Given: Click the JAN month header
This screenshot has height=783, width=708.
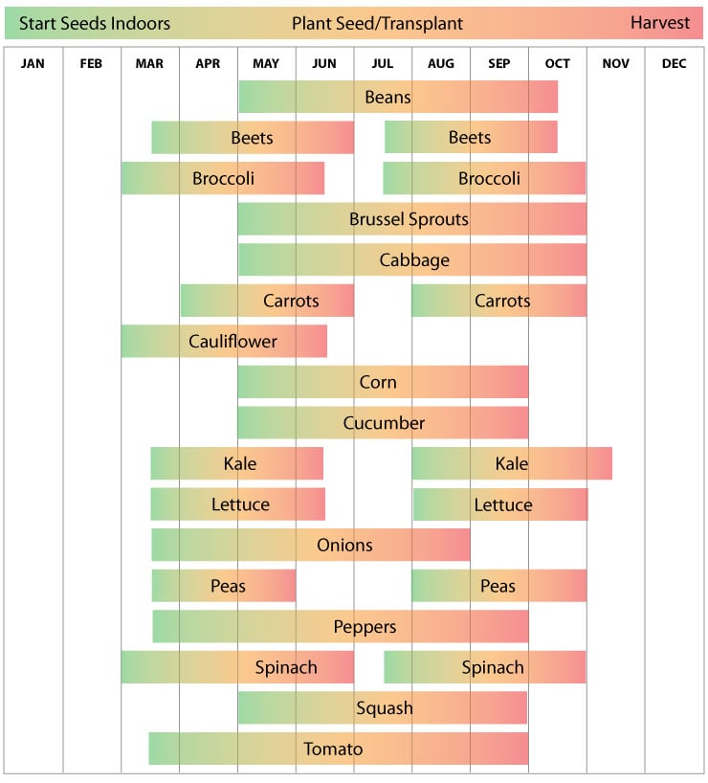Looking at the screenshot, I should [33, 64].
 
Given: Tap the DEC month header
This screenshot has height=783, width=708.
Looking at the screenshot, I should [674, 64].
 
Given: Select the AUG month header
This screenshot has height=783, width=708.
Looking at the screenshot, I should [441, 64].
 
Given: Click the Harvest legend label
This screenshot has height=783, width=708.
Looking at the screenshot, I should [659, 23].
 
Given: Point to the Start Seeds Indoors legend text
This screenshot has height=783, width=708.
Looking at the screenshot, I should [95, 23].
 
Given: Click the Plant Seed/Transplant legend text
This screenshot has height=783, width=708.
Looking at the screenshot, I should [377, 23].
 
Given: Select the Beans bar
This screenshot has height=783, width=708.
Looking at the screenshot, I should [397, 97].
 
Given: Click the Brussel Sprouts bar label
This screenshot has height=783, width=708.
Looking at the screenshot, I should [409, 219].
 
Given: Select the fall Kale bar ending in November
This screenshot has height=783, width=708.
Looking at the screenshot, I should [512, 463].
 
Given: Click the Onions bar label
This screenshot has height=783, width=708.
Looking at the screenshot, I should [344, 545].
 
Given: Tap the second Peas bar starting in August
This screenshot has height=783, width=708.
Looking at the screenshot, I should [498, 586].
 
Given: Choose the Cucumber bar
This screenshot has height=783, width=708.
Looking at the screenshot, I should [383, 422].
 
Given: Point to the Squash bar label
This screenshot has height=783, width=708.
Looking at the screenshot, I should [385, 708].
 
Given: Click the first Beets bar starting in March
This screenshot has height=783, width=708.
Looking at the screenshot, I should [253, 138].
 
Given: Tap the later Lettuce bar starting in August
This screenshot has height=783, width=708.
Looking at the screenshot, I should [500, 504].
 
